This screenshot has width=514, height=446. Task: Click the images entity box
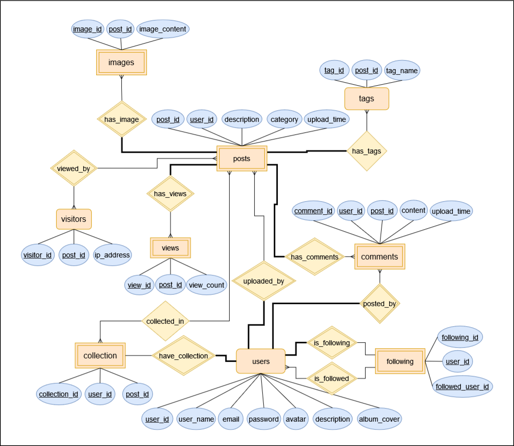tap(121, 63)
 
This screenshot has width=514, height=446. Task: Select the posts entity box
tap(241, 158)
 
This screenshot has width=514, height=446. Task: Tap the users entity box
tap(261, 361)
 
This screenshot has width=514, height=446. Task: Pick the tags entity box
tap(366, 99)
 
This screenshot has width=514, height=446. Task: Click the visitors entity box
tap(73, 219)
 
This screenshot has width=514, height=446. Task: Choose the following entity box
tap(400, 361)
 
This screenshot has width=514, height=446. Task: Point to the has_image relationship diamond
tap(122, 119)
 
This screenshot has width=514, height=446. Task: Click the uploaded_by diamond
tap(264, 281)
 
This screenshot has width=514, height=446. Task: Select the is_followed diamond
tap(332, 378)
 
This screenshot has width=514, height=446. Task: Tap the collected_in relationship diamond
tap(165, 321)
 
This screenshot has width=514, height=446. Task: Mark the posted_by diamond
tap(379, 304)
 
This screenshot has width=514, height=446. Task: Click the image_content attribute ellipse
tap(163, 29)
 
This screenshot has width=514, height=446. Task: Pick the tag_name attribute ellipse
tap(402, 71)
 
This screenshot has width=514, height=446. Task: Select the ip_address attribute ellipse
tap(112, 255)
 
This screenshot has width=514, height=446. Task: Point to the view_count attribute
tap(206, 285)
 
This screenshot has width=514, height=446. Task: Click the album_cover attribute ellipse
tap(379, 419)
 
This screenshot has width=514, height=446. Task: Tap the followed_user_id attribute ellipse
tap(462, 386)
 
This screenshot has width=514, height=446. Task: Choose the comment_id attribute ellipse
tap(313, 211)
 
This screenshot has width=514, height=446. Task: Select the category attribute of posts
tap(284, 119)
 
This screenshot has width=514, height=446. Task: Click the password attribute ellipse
tap(264, 419)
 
